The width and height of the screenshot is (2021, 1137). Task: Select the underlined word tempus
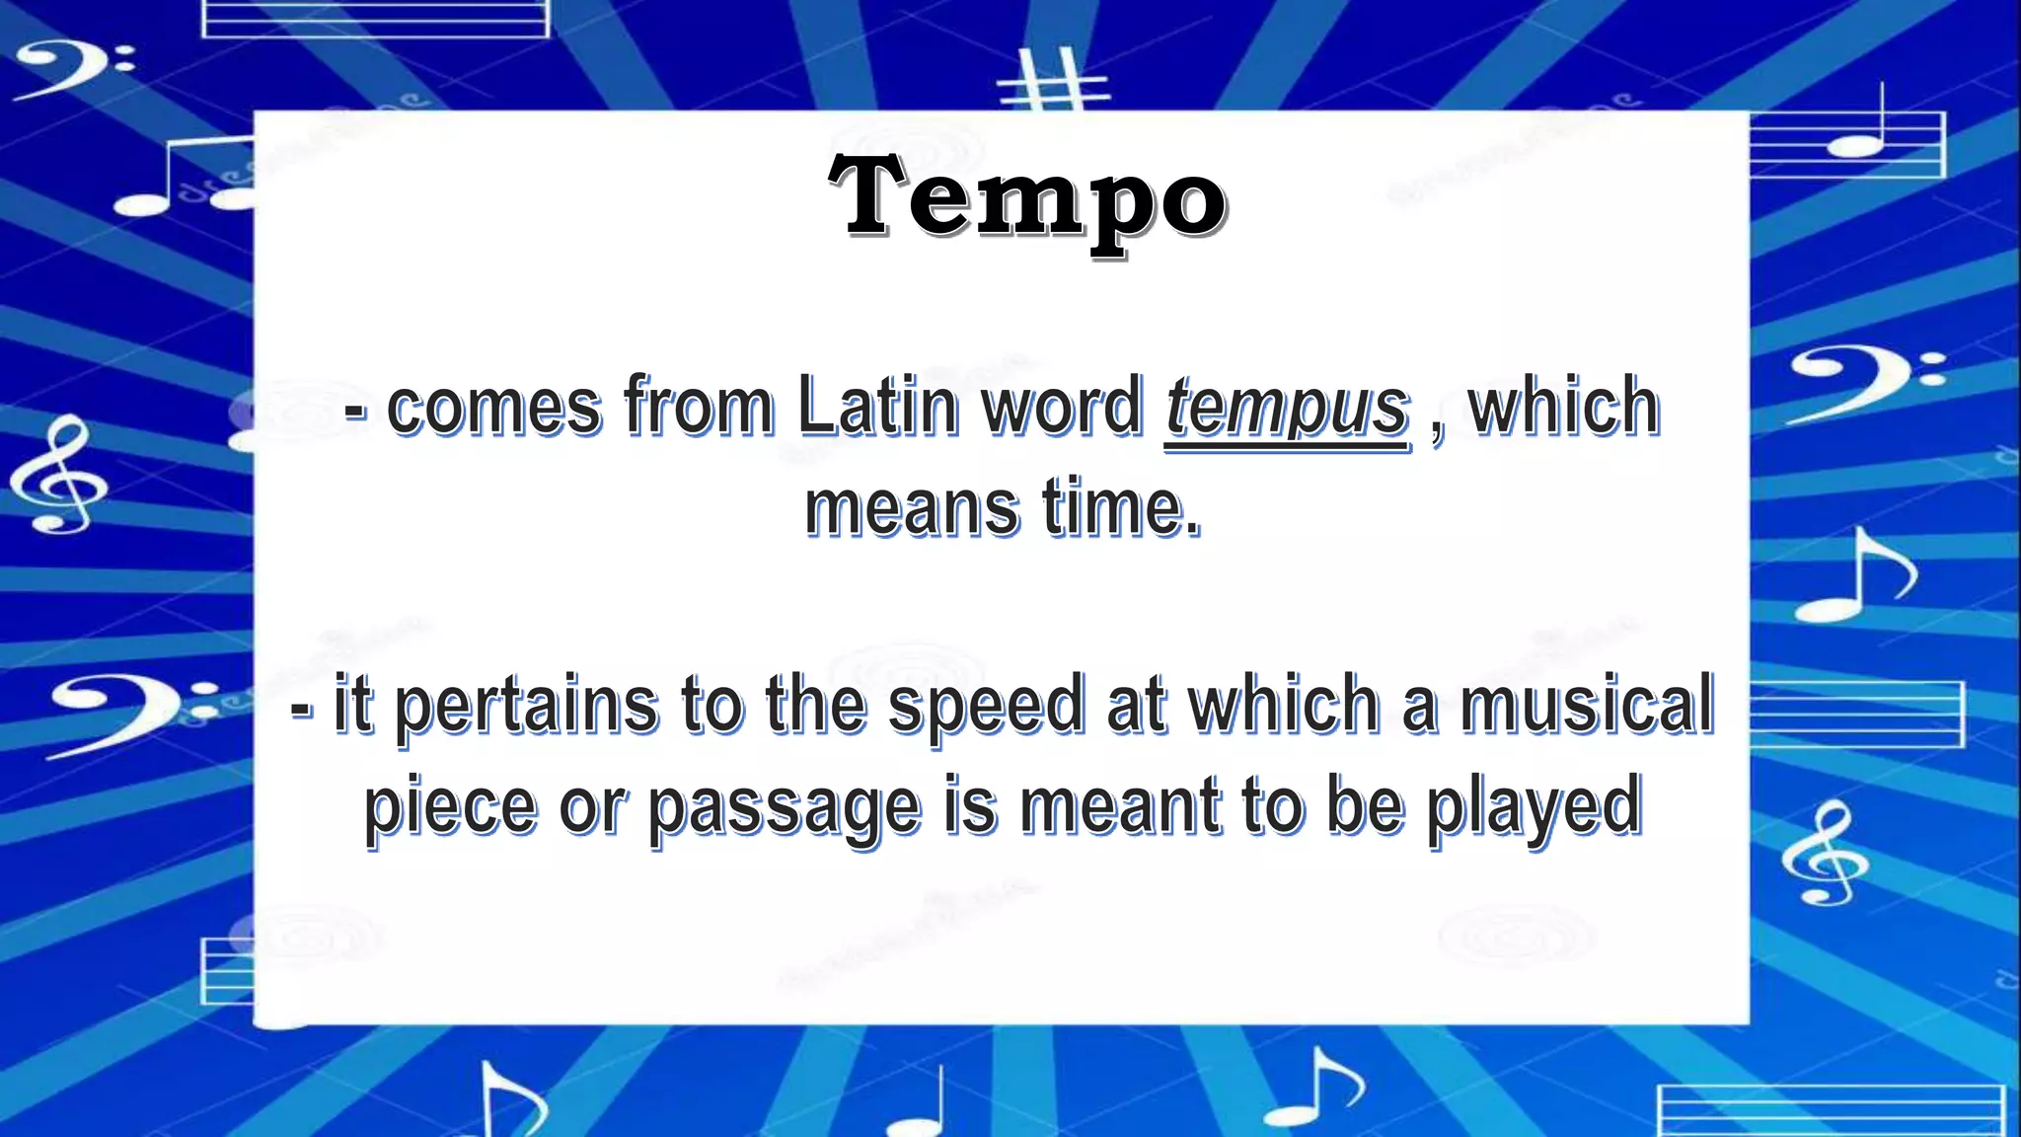coord(1287,407)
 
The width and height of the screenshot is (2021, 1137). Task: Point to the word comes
coord(493,407)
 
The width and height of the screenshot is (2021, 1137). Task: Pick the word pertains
coord(526,707)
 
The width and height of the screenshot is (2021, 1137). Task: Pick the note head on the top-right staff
coord(1855,147)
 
